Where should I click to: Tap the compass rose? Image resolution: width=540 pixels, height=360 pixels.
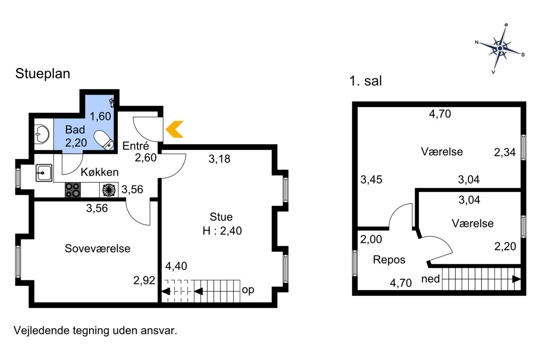(500, 49)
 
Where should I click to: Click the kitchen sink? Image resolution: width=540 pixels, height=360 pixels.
(44, 173)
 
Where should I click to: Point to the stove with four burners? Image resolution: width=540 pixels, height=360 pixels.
(72, 190)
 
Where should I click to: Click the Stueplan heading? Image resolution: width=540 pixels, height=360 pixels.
(43, 73)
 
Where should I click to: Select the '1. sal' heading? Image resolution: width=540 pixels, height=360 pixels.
(365, 81)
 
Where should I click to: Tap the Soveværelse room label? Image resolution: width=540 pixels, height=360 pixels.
(98, 248)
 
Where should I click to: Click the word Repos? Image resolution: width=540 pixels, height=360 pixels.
(389, 260)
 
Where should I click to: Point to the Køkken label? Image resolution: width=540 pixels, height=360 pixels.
(99, 172)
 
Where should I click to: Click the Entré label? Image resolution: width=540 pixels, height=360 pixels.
(135, 146)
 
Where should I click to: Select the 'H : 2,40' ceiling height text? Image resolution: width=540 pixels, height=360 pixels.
(222, 231)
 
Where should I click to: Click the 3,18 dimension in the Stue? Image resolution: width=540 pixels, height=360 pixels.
(220, 159)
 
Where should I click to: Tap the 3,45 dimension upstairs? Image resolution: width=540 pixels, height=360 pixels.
(371, 180)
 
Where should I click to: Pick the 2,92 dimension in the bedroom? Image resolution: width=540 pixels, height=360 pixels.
(144, 280)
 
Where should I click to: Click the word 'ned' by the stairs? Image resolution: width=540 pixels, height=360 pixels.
(431, 279)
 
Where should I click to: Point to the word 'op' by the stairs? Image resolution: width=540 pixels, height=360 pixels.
(248, 290)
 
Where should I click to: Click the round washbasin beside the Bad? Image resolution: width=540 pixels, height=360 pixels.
(42, 134)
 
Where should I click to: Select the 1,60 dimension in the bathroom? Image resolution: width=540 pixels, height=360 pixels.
(100, 117)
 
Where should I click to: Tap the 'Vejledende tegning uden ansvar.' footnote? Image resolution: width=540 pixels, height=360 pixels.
(95, 331)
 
